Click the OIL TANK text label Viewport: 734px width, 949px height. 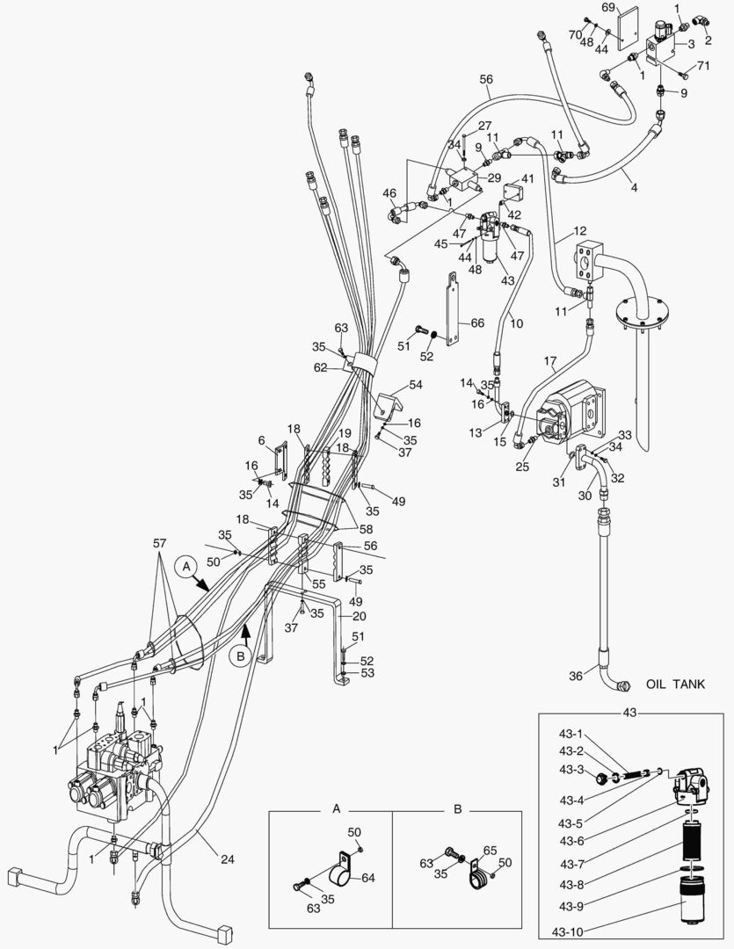click(x=675, y=684)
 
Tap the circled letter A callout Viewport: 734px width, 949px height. click(x=185, y=568)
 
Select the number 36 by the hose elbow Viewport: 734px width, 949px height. click(x=576, y=675)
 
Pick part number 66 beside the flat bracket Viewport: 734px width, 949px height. click(x=477, y=323)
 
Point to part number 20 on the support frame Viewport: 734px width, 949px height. click(x=359, y=616)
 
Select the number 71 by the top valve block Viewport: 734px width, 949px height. click(x=702, y=66)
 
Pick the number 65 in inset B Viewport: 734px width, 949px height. click(x=491, y=851)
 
